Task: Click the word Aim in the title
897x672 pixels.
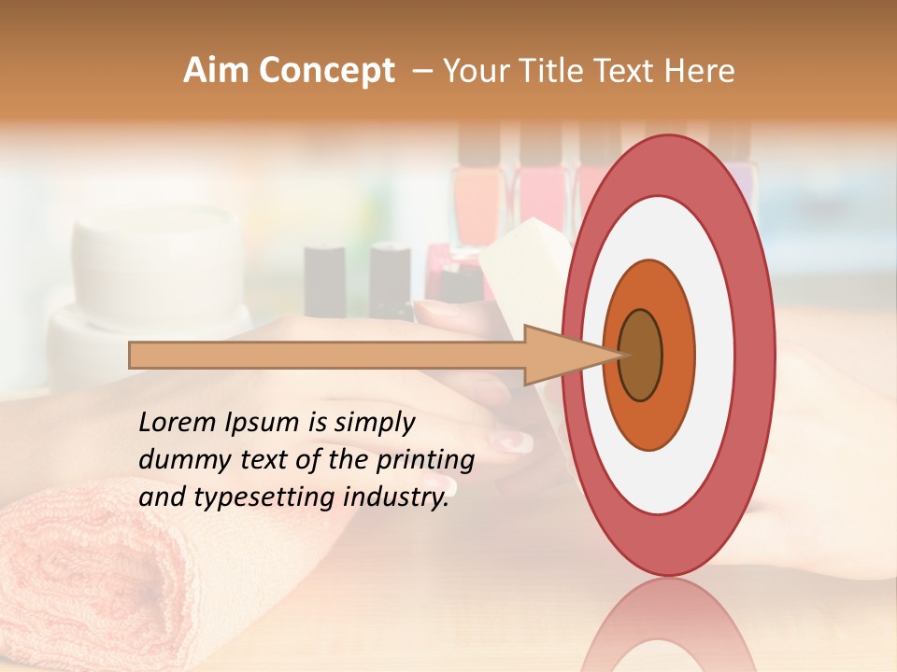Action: pyautogui.click(x=216, y=71)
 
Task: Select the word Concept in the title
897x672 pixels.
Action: pyautogui.click(x=326, y=72)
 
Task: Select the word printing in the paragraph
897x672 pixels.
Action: pyautogui.click(x=426, y=460)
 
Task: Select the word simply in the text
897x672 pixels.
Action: pyautogui.click(x=375, y=423)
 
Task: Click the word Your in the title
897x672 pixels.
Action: pyautogui.click(x=473, y=71)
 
